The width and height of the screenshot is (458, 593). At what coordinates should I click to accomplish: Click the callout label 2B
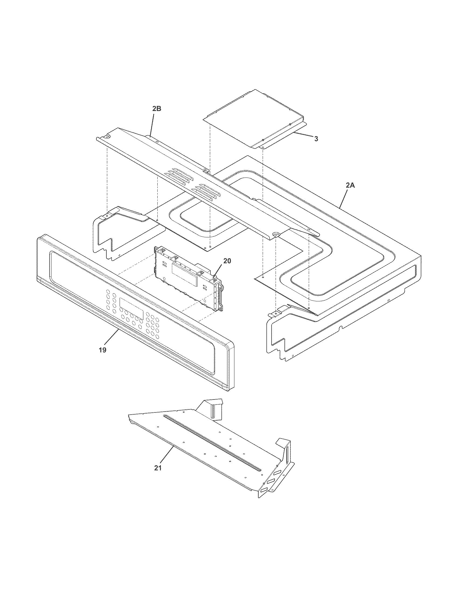(157, 109)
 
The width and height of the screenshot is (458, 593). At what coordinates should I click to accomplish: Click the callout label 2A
(350, 185)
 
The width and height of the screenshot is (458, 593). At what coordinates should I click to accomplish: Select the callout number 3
(316, 139)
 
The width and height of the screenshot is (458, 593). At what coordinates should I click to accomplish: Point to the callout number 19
(102, 350)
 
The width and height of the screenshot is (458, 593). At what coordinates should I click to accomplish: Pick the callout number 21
(158, 468)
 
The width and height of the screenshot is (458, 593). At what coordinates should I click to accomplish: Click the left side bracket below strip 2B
(119, 233)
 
